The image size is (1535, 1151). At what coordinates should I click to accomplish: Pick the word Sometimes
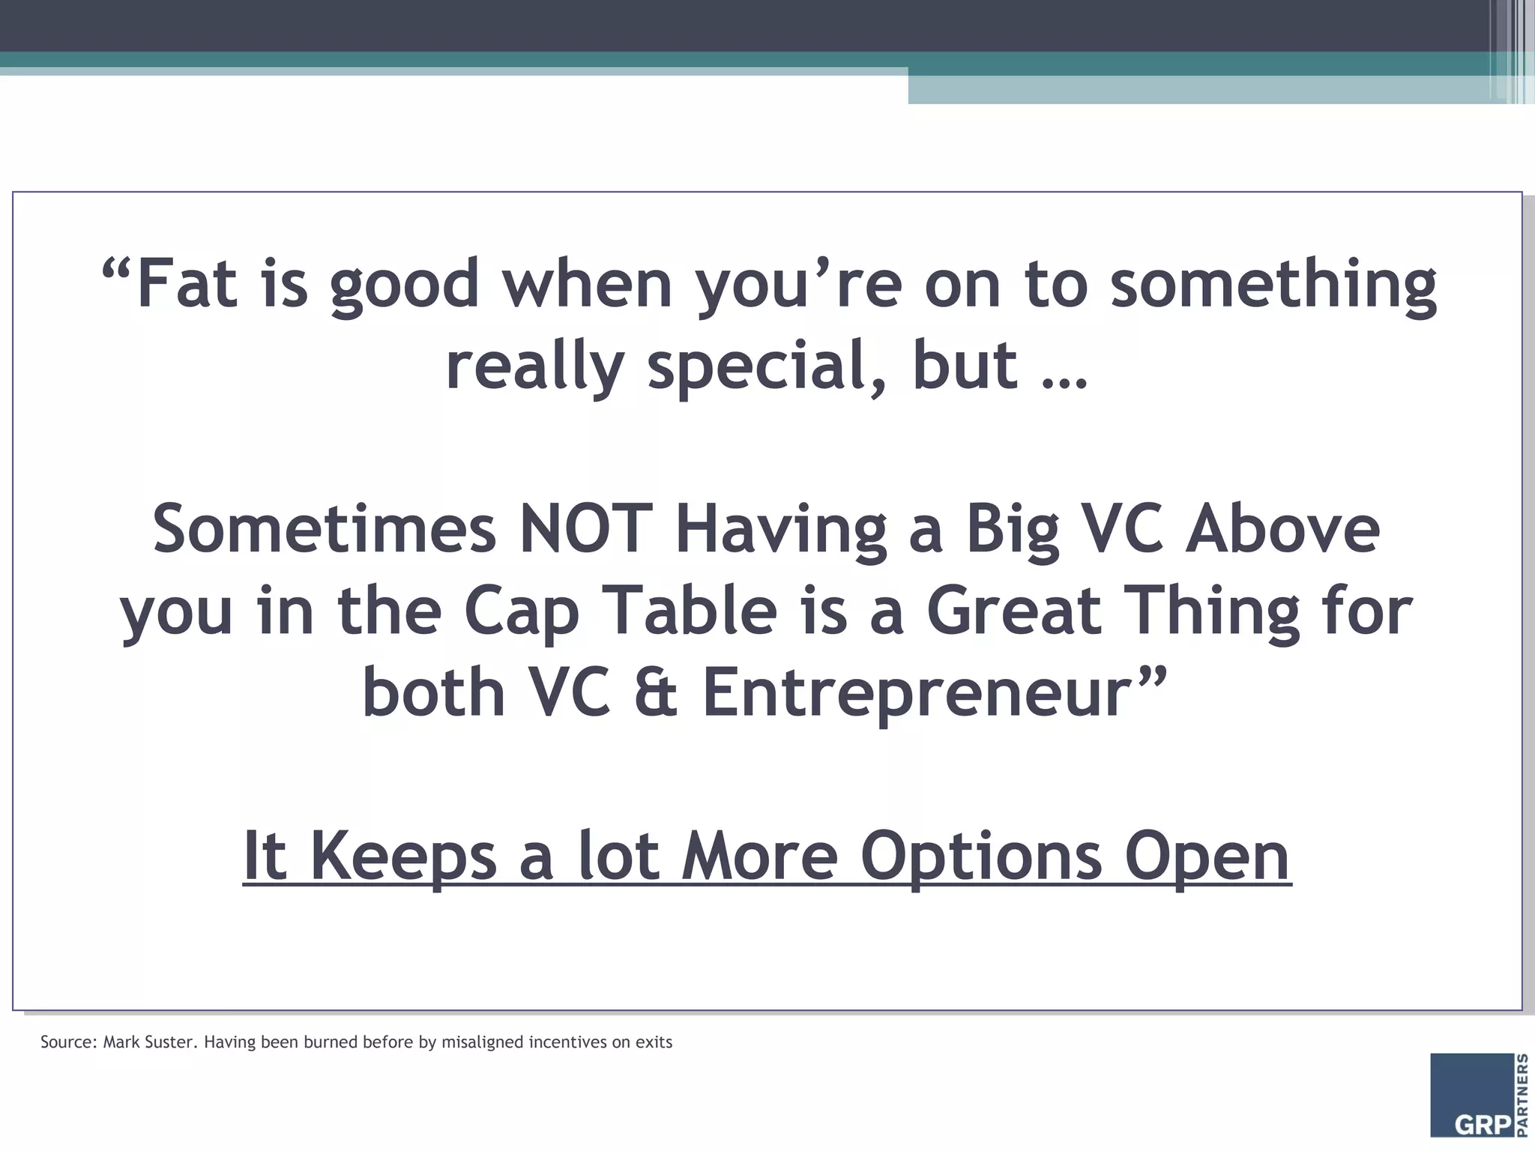pyautogui.click(x=325, y=528)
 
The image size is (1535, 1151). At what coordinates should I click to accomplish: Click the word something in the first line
pyautogui.click(x=1273, y=286)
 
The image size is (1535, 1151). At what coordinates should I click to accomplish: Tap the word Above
pyautogui.click(x=1282, y=528)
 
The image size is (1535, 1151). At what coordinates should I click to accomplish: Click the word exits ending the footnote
pyautogui.click(x=654, y=1042)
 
